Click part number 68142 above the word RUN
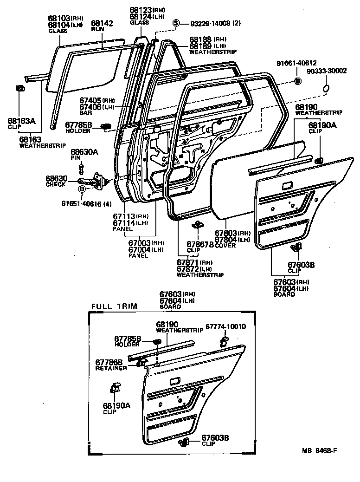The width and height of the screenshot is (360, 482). [x=101, y=23]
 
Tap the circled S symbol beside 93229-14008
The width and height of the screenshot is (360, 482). [x=176, y=23]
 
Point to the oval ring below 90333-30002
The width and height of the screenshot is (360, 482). [x=326, y=88]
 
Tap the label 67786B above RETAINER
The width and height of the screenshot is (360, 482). [x=109, y=362]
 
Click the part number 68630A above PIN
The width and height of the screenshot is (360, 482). [x=84, y=152]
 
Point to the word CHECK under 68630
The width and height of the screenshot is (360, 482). [x=55, y=184]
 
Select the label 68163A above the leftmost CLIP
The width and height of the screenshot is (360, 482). [x=21, y=121]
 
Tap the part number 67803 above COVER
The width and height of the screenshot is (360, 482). [x=226, y=233]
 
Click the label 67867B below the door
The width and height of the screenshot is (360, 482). [x=200, y=244]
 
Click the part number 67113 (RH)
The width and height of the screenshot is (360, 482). [x=124, y=216]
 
